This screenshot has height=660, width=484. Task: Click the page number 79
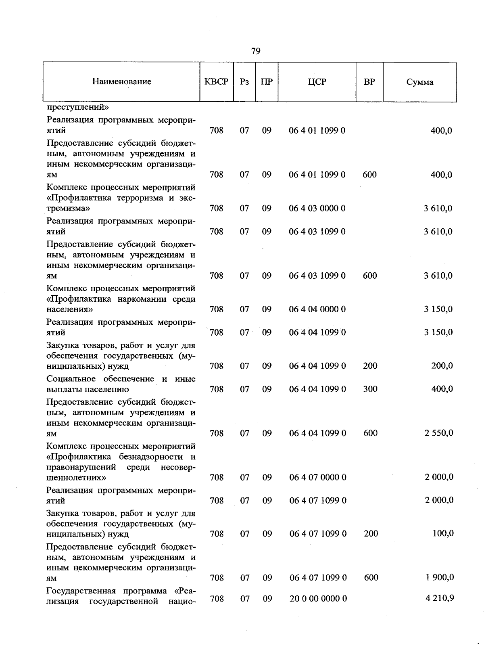256,51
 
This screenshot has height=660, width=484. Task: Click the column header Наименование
122,82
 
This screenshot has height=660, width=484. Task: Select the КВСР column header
217,82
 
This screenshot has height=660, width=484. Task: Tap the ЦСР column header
317,82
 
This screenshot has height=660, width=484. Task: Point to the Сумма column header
419,82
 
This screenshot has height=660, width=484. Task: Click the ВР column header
369,82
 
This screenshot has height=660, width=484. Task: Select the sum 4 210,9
440,598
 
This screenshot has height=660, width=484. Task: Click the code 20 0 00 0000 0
318,599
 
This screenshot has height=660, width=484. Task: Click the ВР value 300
370,389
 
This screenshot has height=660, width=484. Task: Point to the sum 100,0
443,533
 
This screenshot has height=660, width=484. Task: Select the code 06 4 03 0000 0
317,208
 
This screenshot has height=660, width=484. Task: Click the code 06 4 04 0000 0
317,309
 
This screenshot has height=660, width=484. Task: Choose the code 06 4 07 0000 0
318,477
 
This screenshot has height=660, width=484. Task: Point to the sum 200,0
442,366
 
